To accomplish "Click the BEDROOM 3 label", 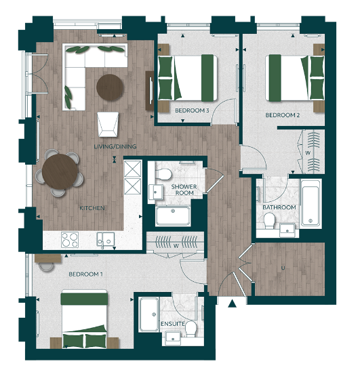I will [192, 110].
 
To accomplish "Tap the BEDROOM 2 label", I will [282, 115].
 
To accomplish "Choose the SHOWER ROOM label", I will [183, 190].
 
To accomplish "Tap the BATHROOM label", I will [279, 207].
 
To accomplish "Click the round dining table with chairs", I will [61, 171].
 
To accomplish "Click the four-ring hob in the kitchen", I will [71, 238].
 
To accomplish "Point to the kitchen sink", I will [105, 238].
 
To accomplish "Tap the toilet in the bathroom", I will [270, 221].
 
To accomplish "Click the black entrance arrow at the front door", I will [233, 303].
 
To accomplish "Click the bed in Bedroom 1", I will [85, 318].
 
